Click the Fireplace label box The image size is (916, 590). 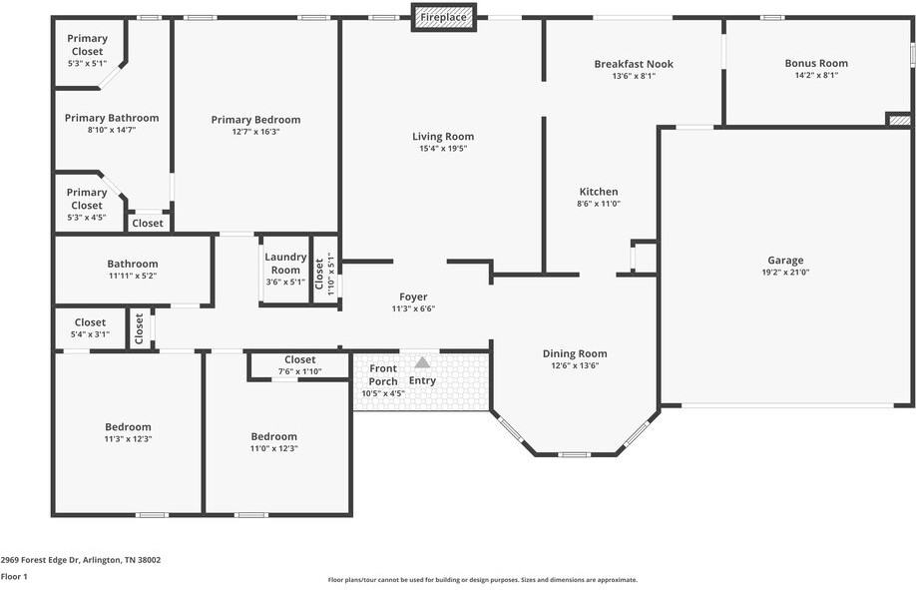[x=443, y=17]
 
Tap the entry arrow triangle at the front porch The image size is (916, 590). [x=422, y=362]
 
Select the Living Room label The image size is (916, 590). [x=443, y=137]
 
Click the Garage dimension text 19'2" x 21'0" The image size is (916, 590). [x=785, y=272]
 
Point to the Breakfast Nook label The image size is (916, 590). [x=634, y=64]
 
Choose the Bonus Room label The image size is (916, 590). [x=815, y=64]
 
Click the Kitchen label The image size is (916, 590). [x=599, y=192]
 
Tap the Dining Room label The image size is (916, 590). [x=575, y=353]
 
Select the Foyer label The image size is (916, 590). [x=413, y=296]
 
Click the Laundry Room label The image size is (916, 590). [x=285, y=264]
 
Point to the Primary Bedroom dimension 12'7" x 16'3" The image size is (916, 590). [x=255, y=132]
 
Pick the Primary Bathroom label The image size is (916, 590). [x=112, y=118]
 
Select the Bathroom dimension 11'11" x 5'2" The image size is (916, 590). [x=133, y=276]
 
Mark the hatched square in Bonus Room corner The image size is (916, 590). [x=898, y=120]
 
